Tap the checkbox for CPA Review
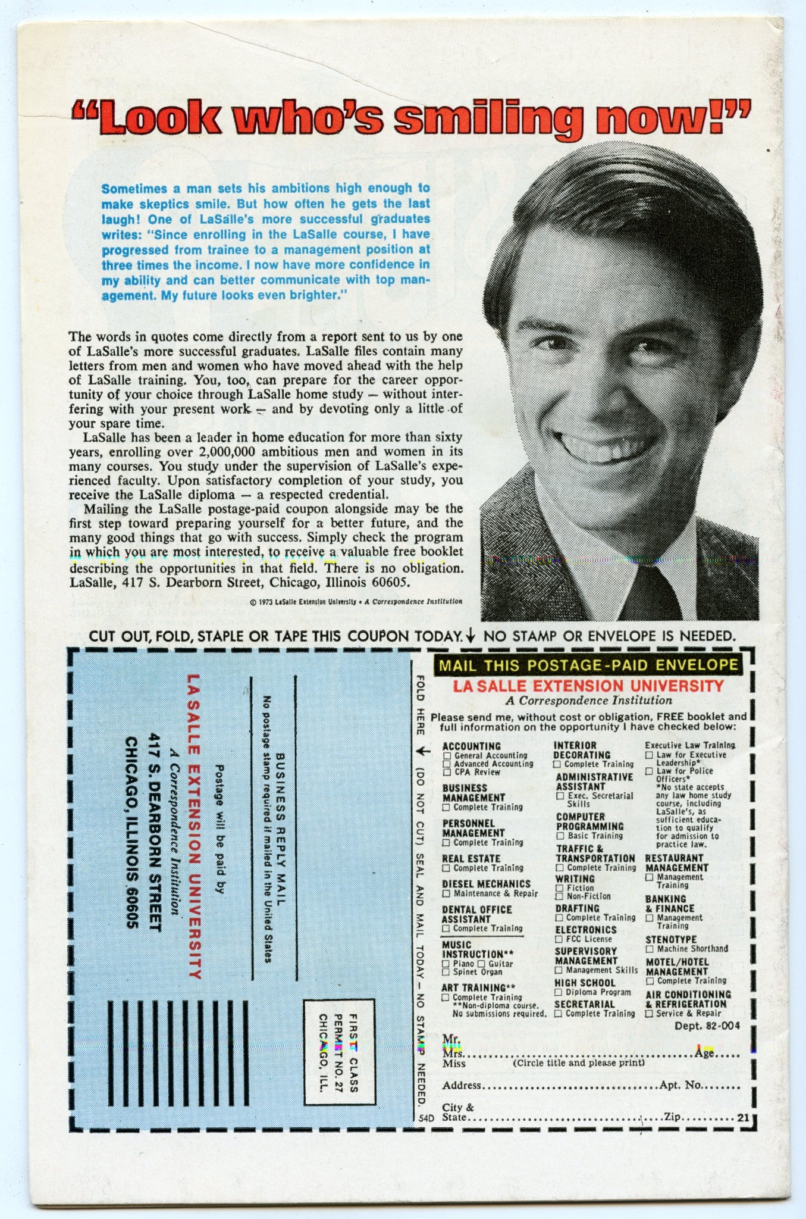(x=447, y=772)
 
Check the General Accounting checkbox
(x=447, y=755)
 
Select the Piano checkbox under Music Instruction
(x=446, y=963)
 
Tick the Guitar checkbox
(x=481, y=963)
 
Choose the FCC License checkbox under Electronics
(x=559, y=939)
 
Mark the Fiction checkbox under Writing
(x=559, y=887)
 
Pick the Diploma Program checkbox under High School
(x=559, y=992)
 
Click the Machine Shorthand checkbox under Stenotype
(x=650, y=949)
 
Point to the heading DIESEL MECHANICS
(x=486, y=884)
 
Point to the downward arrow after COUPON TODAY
(x=471, y=636)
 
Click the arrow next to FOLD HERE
(x=422, y=751)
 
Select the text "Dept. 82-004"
(x=707, y=1026)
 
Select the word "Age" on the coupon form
(x=704, y=1052)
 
